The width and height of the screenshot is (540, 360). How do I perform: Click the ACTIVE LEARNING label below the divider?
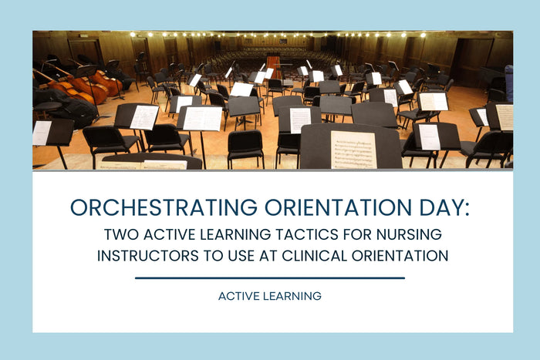click(x=269, y=296)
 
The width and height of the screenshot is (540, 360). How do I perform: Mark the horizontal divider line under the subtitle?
click(x=269, y=278)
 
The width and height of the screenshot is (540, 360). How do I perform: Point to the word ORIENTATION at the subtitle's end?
click(x=403, y=256)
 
